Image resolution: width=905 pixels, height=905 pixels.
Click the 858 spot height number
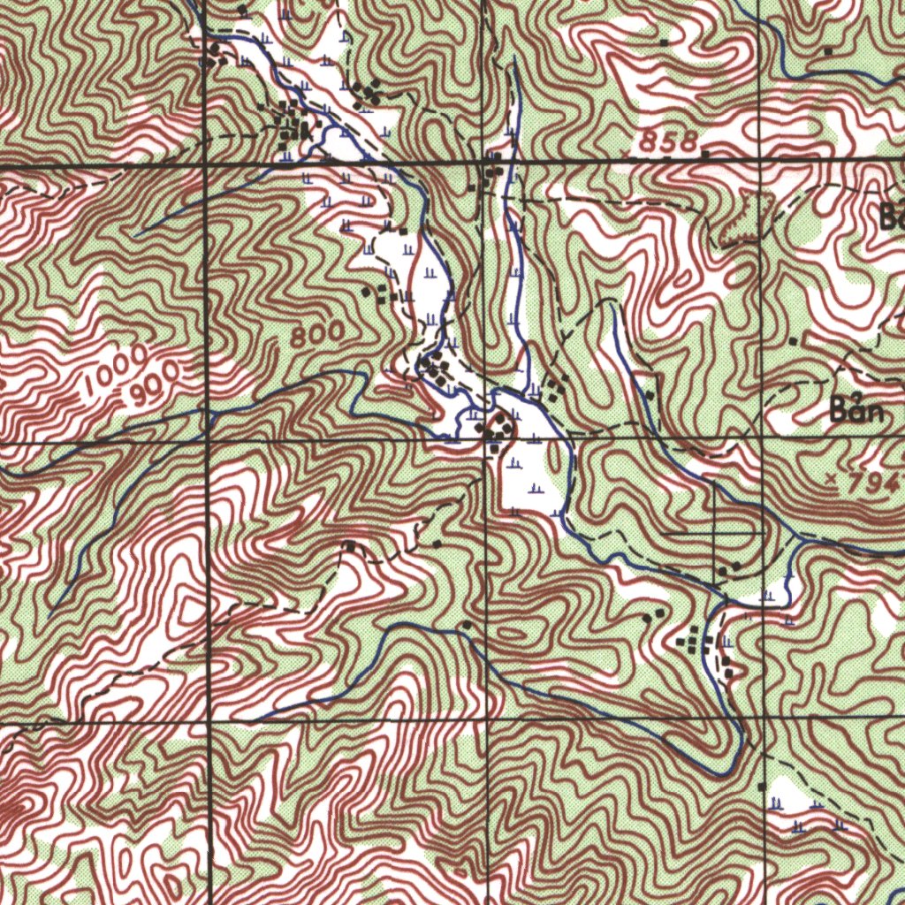click(669, 141)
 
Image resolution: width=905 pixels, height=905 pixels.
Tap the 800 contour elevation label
click(318, 335)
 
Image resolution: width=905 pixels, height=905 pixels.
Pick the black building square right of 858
click(705, 155)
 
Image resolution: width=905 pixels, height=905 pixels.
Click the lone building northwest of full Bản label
click(793, 340)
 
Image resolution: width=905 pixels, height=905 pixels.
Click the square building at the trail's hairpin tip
click(351, 547)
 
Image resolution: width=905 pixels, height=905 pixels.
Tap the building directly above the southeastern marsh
click(762, 785)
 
